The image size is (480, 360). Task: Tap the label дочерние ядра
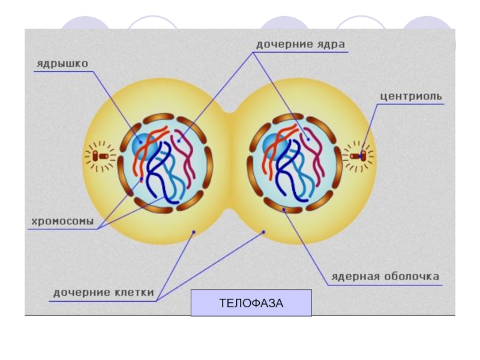(301, 44)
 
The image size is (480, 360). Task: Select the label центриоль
(412, 96)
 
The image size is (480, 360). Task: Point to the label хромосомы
(62, 221)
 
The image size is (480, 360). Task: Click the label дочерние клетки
(104, 293)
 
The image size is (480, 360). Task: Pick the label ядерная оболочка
(386, 277)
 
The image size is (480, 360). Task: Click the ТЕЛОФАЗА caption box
(251, 303)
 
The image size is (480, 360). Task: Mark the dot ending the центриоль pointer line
(362, 157)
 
